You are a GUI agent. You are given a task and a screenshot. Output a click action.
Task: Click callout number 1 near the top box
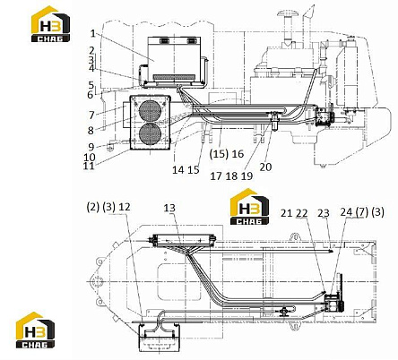click(93, 33)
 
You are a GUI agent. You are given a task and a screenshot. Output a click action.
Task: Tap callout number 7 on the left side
click(91, 115)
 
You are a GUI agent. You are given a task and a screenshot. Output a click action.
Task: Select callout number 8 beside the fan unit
click(91, 130)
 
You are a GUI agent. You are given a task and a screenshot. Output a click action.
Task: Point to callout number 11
click(89, 166)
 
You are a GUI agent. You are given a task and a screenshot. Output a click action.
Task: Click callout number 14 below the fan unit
click(177, 170)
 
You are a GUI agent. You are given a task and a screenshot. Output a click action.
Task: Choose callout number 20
click(265, 167)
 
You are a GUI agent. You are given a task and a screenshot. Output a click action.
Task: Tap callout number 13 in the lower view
click(169, 208)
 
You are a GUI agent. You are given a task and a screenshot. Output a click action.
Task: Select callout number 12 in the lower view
click(125, 206)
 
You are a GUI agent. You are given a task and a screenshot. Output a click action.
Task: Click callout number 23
click(324, 213)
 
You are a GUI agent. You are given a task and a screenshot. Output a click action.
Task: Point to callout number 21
click(286, 213)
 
